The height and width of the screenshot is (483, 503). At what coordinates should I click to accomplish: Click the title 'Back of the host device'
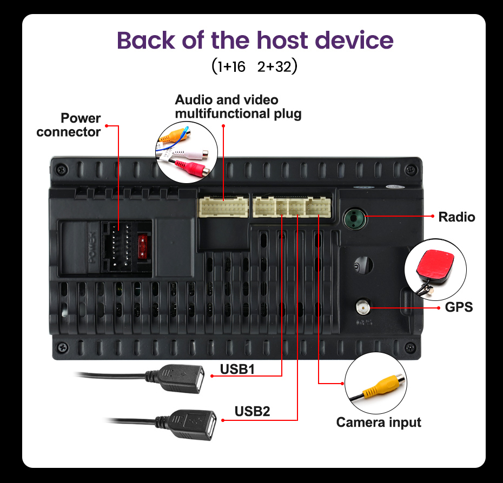click(255, 41)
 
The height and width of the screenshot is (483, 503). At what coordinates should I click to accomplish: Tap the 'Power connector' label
click(69, 125)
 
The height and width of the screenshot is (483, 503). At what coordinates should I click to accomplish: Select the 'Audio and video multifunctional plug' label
click(238, 107)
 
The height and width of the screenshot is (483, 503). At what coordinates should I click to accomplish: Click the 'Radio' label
click(456, 217)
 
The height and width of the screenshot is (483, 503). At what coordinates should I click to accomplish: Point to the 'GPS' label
click(459, 307)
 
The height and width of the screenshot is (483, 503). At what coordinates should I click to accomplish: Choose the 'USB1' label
click(237, 370)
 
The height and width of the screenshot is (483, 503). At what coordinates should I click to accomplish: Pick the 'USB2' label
click(252, 411)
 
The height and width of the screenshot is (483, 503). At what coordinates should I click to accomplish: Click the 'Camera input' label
click(379, 422)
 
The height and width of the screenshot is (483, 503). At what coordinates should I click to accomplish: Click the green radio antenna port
click(354, 218)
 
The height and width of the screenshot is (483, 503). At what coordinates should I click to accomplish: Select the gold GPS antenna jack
click(362, 308)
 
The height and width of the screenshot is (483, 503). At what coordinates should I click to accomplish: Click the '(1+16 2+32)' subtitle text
click(255, 67)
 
